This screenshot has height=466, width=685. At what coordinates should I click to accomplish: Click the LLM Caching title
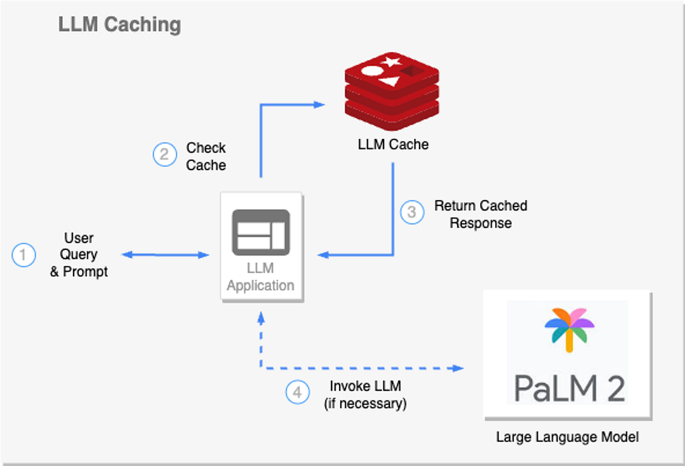pos(119,25)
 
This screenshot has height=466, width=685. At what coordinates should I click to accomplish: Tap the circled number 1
pos(23,255)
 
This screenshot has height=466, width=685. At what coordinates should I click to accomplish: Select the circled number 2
pos(164,155)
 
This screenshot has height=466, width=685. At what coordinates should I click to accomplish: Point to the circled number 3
pos(412,212)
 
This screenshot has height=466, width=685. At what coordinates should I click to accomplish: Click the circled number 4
pos(297,392)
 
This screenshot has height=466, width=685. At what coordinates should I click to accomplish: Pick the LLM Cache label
pos(393,145)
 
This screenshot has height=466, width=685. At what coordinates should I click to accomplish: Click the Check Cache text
pos(206,156)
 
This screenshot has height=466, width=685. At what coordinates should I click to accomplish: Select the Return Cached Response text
pos(481,214)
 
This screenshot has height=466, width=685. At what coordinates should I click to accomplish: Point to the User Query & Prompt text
pos(79,255)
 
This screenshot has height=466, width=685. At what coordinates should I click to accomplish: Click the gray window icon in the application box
pos(261,232)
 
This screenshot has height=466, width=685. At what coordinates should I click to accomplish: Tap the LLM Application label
pos(261,277)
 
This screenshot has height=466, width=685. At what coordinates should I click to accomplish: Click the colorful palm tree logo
pos(569,329)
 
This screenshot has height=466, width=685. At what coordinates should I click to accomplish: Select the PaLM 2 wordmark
pos(569,387)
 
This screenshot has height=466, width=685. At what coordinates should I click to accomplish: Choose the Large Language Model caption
pos(567,437)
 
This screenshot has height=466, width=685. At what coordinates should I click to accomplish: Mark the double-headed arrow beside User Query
pos(166,255)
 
